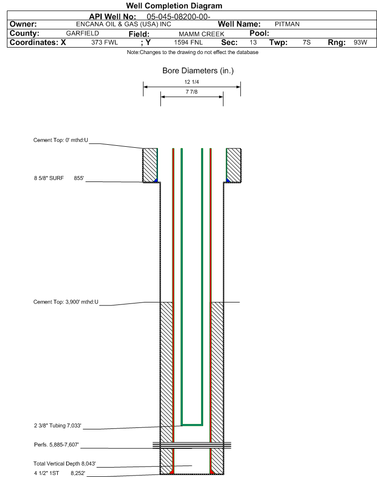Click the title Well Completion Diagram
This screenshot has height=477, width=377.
click(174, 6)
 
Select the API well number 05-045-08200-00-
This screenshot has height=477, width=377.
click(179, 17)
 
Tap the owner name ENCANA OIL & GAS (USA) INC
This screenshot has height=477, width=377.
click(124, 24)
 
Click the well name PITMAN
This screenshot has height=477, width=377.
click(287, 24)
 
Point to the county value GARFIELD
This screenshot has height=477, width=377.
click(82, 33)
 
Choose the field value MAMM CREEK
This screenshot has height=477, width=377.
click(202, 34)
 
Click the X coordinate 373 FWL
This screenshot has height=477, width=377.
click(104, 42)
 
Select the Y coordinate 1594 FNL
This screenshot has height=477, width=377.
click(188, 42)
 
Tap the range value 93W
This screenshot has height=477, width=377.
click(360, 42)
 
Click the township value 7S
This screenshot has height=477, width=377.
click(306, 42)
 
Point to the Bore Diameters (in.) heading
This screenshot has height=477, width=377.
click(198, 71)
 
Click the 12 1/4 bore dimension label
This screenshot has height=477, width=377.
click(192, 82)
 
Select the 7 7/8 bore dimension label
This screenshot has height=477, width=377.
click(192, 92)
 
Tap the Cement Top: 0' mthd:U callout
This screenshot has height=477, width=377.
click(61, 140)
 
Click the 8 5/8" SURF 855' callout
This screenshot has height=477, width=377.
click(59, 179)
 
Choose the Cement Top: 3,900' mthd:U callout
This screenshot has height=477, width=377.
click(66, 302)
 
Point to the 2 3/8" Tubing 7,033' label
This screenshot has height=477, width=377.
click(58, 425)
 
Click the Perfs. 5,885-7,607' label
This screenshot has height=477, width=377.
click(57, 445)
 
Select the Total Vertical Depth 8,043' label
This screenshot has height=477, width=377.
click(65, 464)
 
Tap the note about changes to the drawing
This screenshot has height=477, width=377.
click(193, 53)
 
